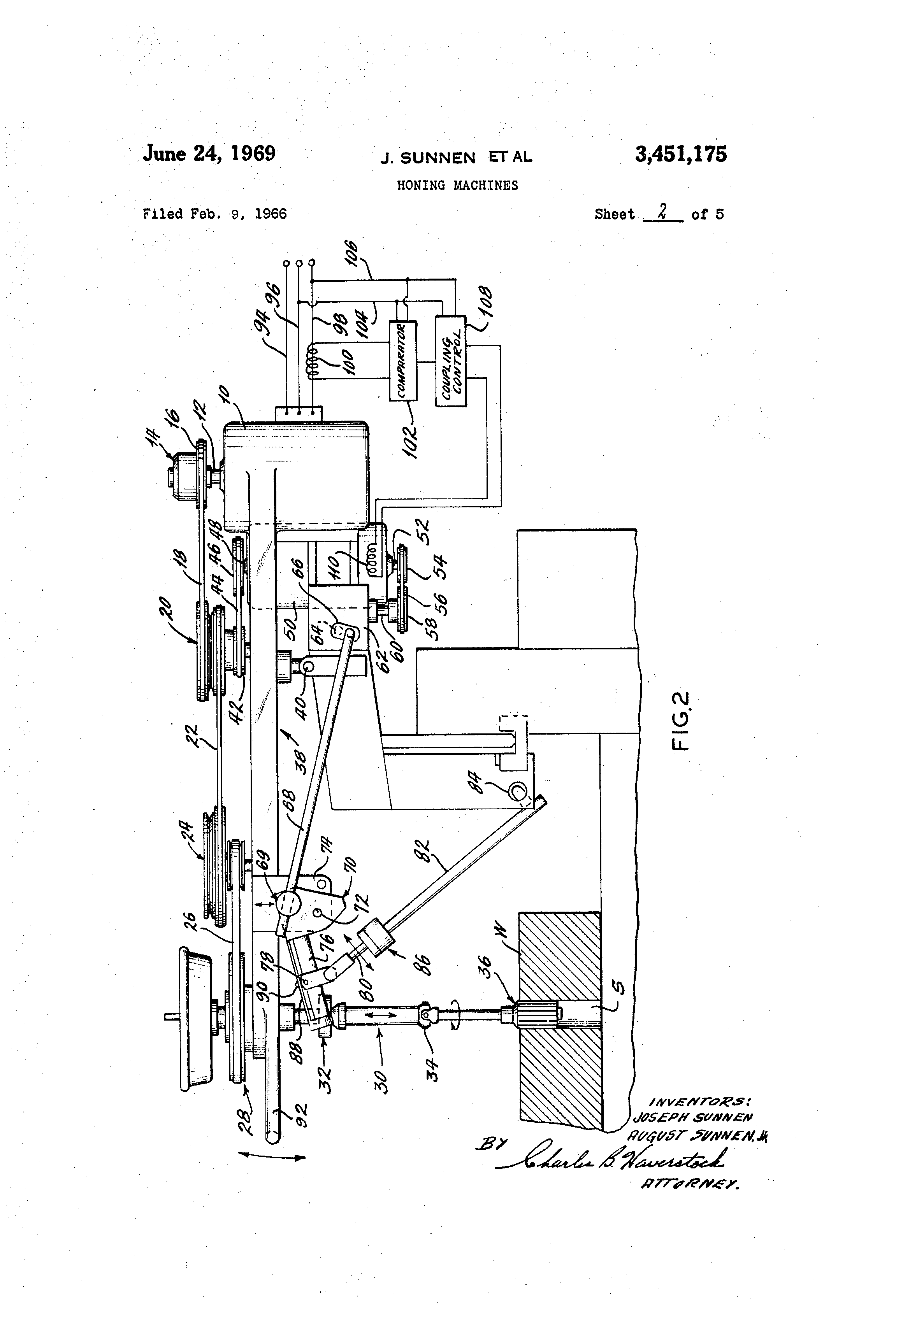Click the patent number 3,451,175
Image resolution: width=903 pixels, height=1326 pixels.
[x=680, y=154]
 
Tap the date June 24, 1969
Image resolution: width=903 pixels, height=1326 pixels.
[x=209, y=153]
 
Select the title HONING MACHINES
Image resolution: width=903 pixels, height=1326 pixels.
[x=457, y=186]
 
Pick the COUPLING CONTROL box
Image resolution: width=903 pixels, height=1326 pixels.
[x=450, y=361]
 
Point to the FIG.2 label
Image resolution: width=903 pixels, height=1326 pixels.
[x=682, y=722]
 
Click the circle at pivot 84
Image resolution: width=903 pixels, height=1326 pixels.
[x=518, y=792]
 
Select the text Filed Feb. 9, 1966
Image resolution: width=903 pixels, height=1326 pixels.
[x=214, y=214]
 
